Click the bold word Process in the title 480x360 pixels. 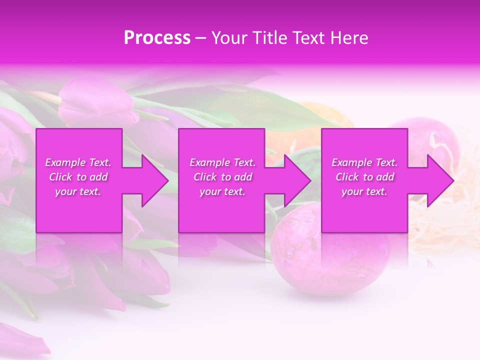click(157, 37)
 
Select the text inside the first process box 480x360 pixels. click(78, 177)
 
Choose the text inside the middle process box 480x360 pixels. click(222, 177)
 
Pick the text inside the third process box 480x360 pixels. click(364, 177)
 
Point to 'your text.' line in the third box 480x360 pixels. click(364, 191)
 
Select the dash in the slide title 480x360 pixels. click(201, 37)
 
